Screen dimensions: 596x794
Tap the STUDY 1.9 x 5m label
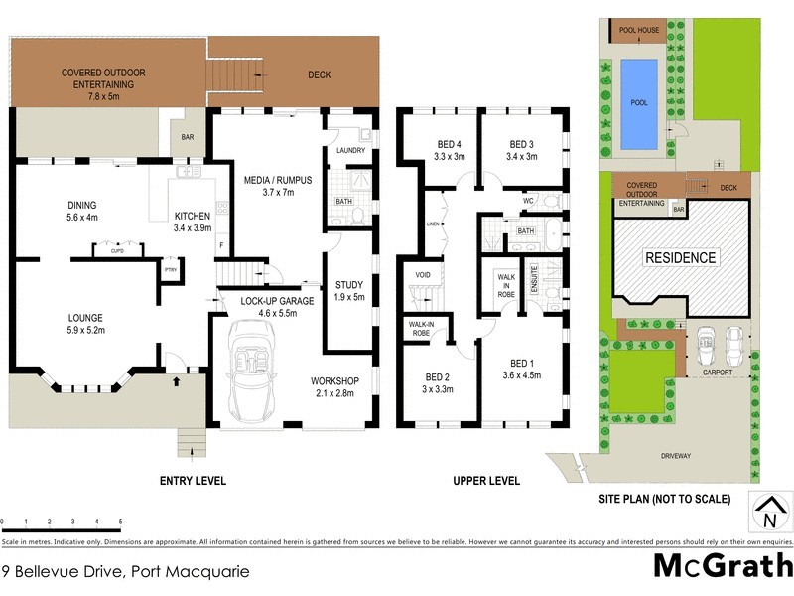(x=350, y=290)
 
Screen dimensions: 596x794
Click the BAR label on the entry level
(x=188, y=139)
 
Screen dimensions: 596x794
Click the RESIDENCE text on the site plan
(x=681, y=257)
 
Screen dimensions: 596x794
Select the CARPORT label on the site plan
(x=720, y=372)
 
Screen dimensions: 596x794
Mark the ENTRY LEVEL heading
(x=193, y=481)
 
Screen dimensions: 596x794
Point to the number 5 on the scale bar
(x=120, y=521)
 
